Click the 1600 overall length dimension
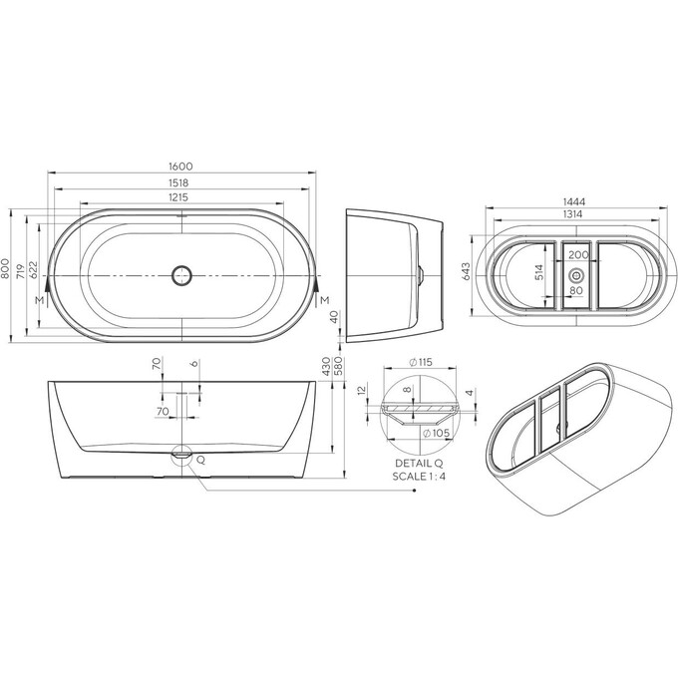pos(180,166)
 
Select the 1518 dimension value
pos(180,182)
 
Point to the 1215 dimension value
pos(179,198)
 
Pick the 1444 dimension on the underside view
pos(574,201)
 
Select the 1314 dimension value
pos(574,215)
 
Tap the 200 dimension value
pos(576,256)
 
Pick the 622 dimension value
pos(33,269)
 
